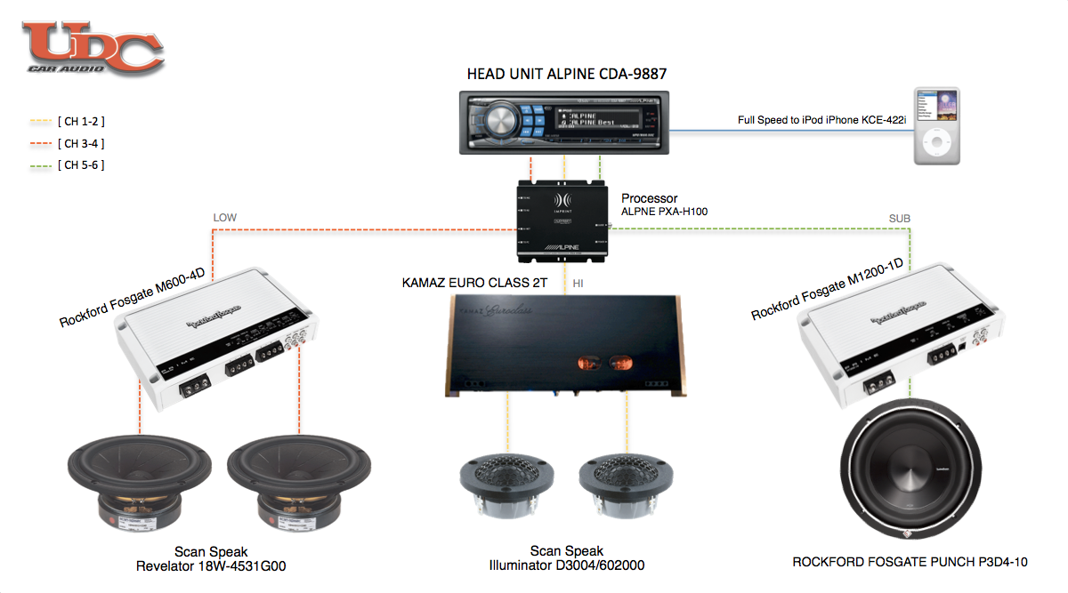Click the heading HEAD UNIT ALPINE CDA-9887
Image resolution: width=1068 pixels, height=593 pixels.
click(567, 73)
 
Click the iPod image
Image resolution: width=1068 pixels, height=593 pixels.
click(937, 125)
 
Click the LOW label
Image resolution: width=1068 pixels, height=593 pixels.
click(224, 217)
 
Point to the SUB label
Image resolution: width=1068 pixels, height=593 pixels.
click(899, 218)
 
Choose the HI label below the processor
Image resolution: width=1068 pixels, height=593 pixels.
click(578, 283)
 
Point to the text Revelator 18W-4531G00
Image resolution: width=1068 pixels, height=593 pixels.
click(211, 565)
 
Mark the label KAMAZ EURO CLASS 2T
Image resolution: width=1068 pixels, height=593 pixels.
click(474, 283)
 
